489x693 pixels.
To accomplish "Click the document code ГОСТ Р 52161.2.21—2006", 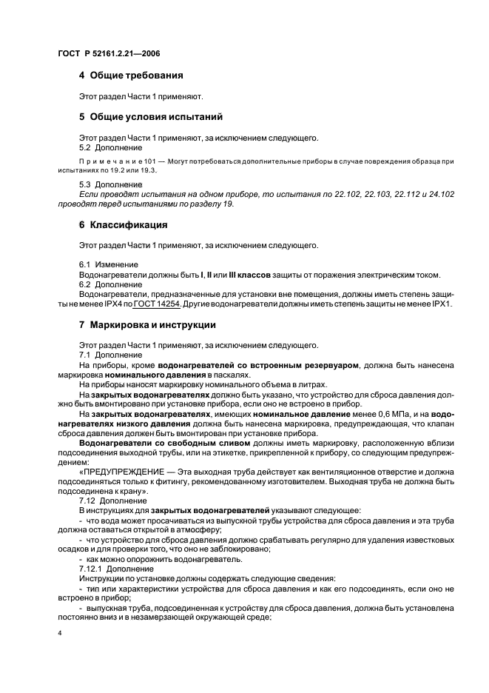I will point(109,54).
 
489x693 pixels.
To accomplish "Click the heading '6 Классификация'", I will point(123,224).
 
